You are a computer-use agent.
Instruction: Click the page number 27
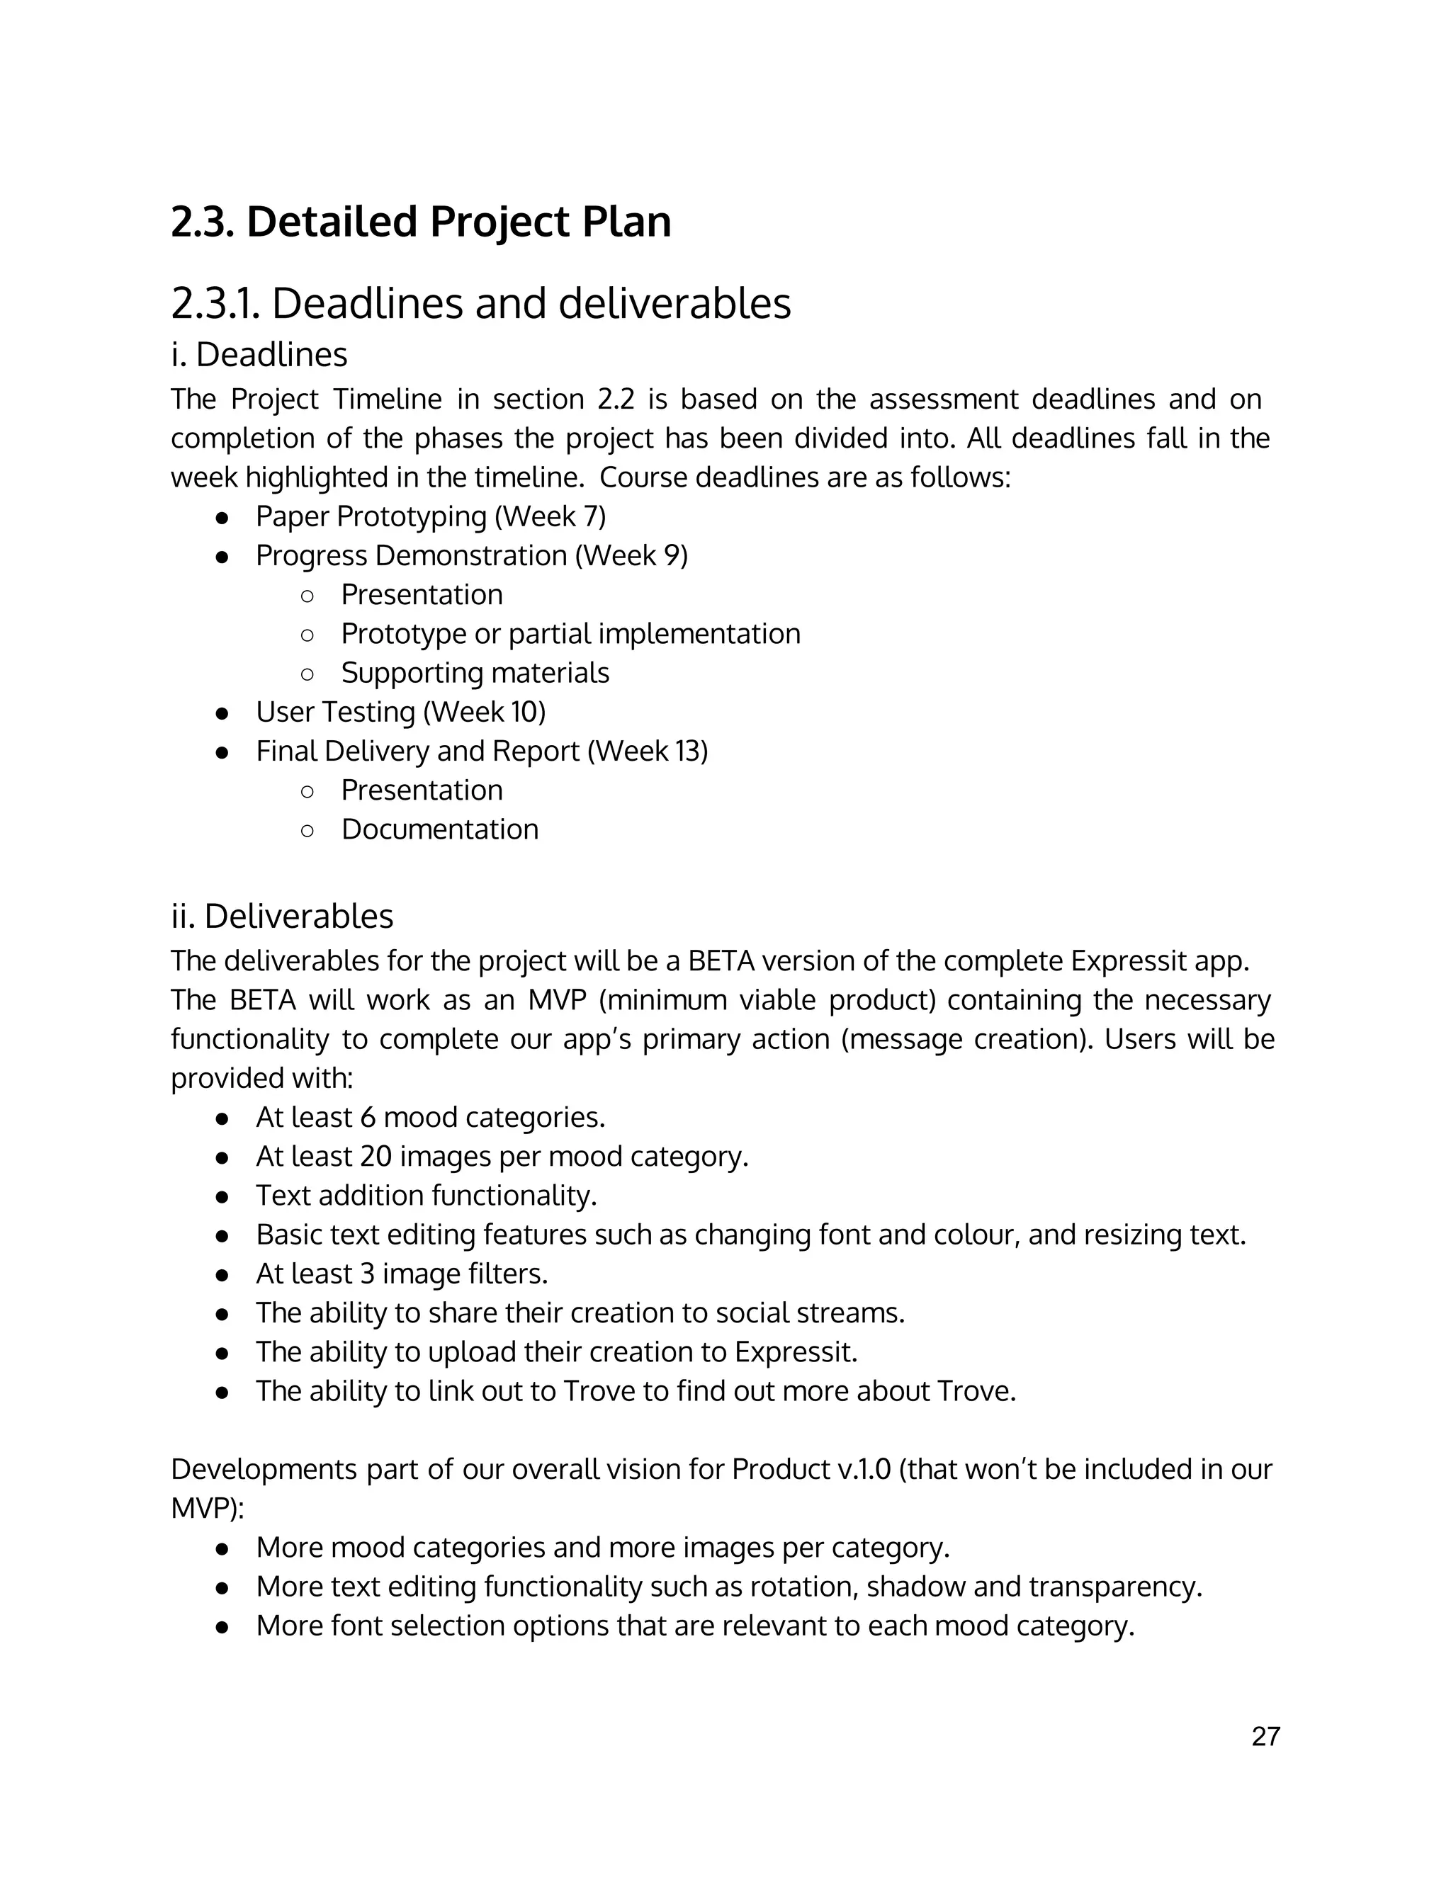click(1265, 1736)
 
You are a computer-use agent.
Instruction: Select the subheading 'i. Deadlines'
click(259, 354)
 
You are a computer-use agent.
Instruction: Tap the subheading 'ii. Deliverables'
click(282, 916)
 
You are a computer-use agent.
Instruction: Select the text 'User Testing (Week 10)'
click(400, 713)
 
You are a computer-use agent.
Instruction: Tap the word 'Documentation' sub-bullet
click(439, 829)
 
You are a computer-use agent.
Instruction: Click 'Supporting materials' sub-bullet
click(475, 673)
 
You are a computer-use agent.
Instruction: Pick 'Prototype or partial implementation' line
click(570, 634)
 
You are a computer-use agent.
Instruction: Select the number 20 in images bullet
click(376, 1157)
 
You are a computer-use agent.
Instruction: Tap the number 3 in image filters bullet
click(367, 1274)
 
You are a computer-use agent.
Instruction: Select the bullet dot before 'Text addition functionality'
click(222, 1196)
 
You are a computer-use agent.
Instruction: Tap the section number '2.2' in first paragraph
click(614, 399)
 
